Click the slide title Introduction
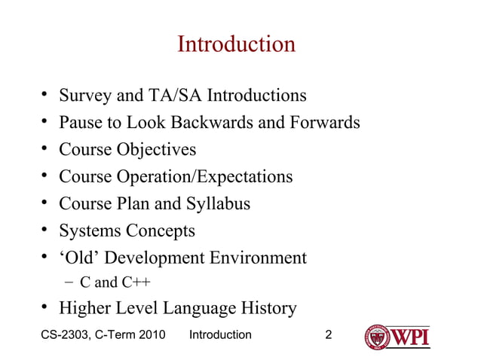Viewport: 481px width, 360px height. point(236,44)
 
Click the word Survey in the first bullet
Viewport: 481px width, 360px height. point(86,96)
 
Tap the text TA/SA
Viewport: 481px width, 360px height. point(174,96)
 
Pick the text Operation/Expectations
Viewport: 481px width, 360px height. point(204,177)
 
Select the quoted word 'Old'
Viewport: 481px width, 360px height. point(79,258)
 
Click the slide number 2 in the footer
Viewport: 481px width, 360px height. point(328,334)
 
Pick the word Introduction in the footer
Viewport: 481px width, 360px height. point(220,334)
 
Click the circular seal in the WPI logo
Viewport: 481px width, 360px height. point(377,337)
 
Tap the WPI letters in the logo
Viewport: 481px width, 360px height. point(410,336)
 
